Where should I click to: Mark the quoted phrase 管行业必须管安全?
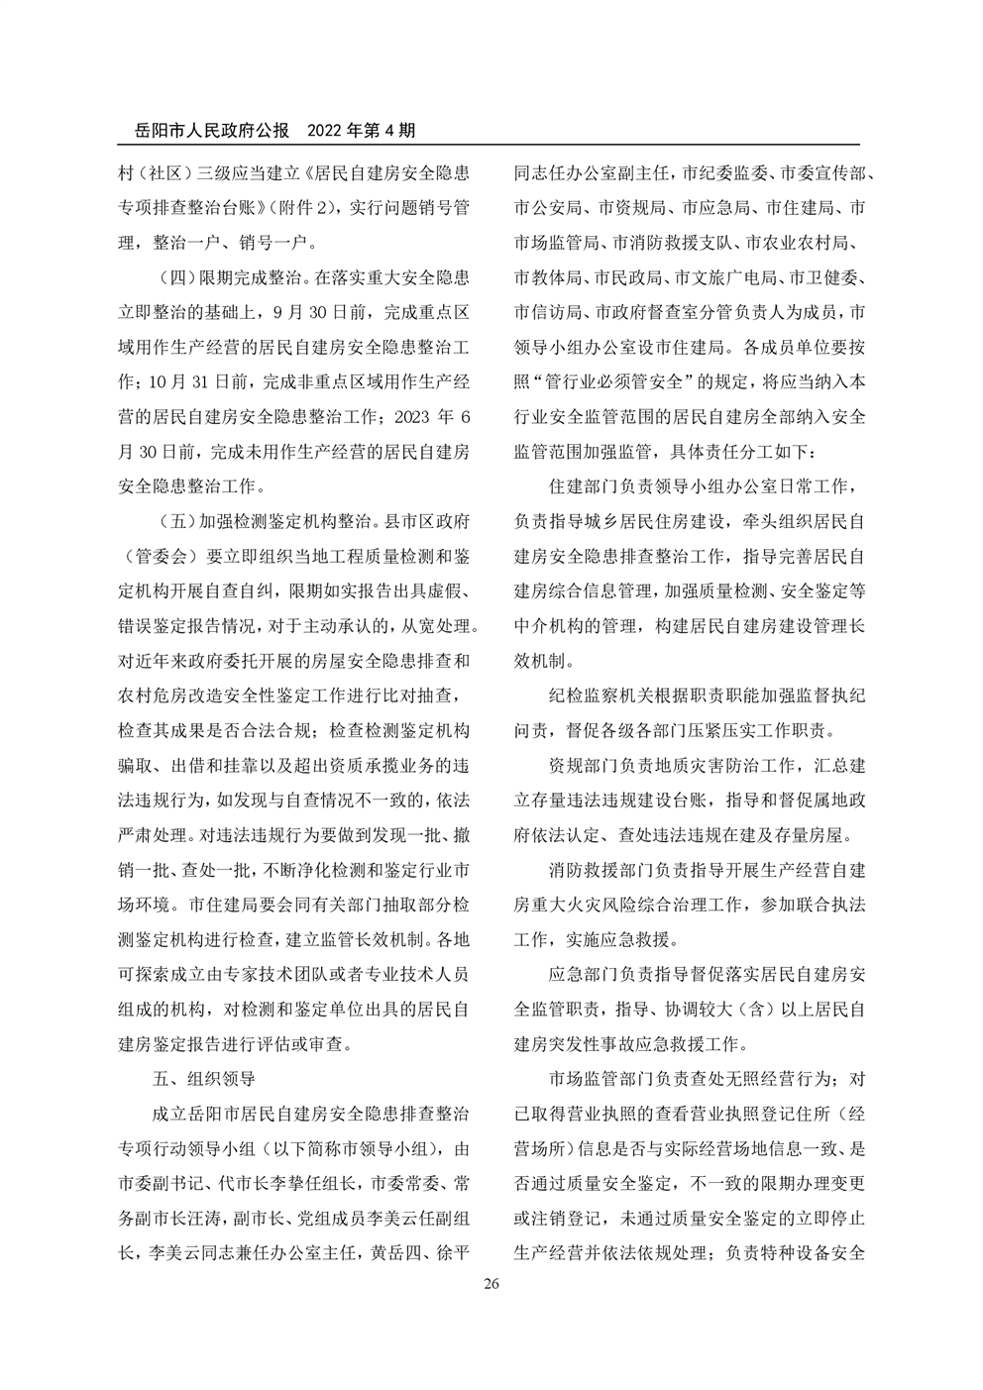coord(639,381)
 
